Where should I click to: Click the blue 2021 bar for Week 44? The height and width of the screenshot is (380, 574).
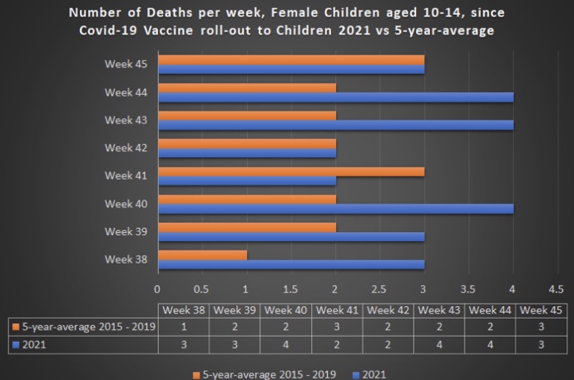click(335, 96)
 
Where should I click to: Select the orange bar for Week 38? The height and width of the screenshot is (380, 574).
click(202, 254)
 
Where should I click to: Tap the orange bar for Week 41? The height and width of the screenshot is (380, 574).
click(291, 171)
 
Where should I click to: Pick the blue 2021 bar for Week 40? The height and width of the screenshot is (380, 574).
click(335, 208)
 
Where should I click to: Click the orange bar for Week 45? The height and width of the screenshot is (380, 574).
click(291, 60)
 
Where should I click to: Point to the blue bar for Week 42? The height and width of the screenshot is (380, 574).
click(247, 152)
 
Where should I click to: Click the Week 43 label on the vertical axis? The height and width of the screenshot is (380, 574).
click(126, 120)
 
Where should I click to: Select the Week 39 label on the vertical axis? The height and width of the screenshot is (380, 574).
click(126, 231)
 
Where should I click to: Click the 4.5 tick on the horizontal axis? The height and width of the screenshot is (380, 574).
click(556, 289)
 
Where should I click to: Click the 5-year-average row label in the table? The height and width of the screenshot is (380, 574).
click(80, 326)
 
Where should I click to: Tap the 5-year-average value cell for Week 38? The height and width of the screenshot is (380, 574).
click(184, 326)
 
